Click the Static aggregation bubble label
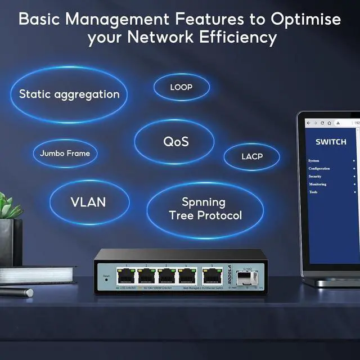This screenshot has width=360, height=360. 69,94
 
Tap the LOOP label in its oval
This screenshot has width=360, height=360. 181,87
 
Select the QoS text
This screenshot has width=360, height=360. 175,141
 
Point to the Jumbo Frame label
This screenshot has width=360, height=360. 65,153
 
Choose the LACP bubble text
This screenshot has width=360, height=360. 251,156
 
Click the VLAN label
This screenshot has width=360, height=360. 88,202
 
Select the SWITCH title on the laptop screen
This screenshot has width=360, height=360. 330,142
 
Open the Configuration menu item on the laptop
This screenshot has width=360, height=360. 319,169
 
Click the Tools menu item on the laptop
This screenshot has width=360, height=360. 313,192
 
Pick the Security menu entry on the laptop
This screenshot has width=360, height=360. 315,177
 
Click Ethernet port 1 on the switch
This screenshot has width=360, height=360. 126,276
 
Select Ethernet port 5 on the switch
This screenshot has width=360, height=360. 211,276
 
